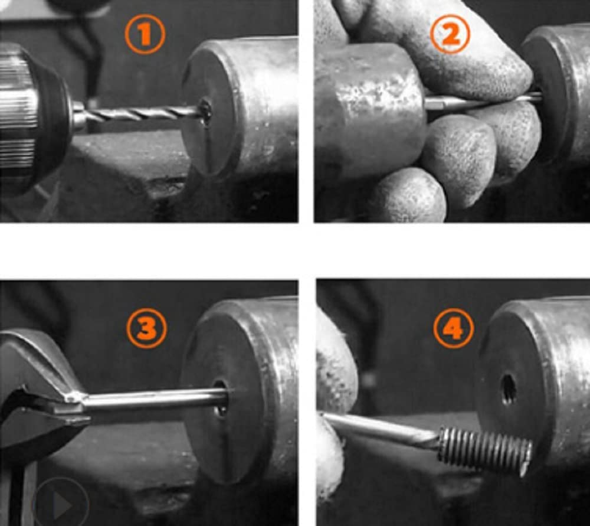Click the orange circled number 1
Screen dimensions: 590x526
145,34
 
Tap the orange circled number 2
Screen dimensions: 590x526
450,34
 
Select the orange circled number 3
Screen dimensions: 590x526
146,328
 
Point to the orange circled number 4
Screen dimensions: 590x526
453,328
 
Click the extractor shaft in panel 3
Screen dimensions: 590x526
154,398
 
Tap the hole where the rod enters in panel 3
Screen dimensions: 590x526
221,398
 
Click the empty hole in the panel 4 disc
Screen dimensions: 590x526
508,388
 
